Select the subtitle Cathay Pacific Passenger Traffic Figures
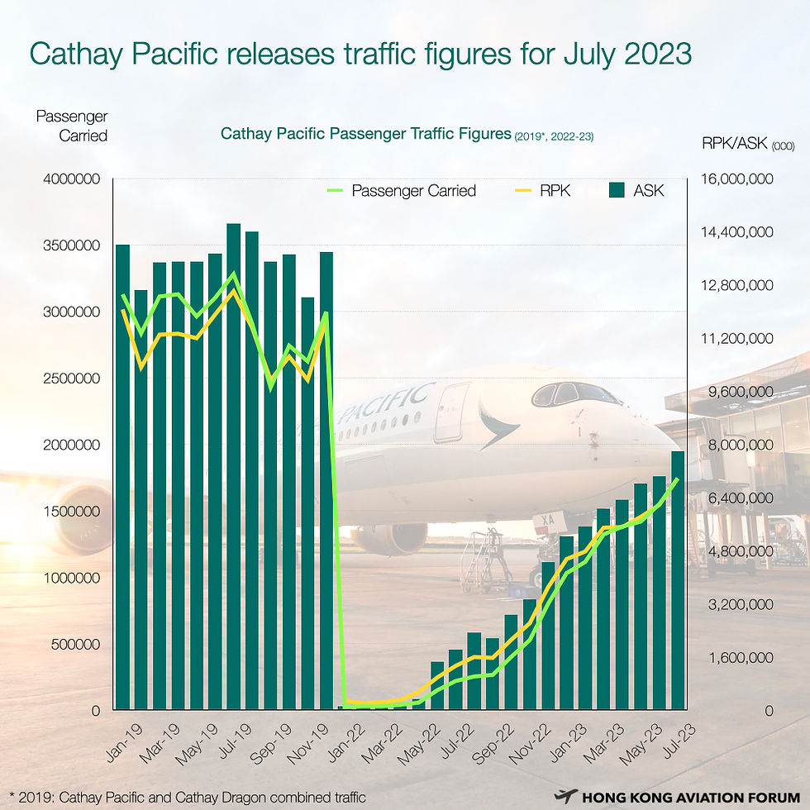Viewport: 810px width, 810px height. click(364, 133)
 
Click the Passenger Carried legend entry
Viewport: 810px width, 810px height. click(413, 191)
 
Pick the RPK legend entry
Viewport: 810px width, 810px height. click(555, 191)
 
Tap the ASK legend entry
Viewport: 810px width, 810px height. click(648, 191)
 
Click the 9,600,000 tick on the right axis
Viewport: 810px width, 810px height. click(736, 392)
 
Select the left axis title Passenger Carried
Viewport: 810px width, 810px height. click(72, 126)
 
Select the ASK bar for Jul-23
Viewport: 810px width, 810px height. click(678, 579)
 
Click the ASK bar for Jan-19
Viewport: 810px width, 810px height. click(123, 479)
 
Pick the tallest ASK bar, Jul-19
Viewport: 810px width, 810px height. click(234, 471)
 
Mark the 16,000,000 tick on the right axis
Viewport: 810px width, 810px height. click(736, 179)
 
